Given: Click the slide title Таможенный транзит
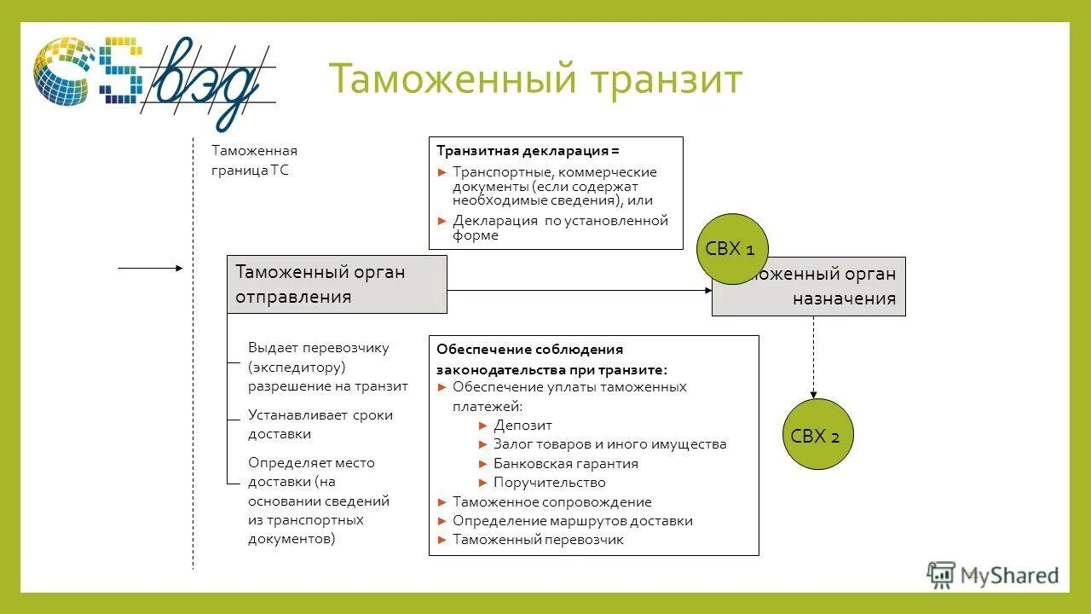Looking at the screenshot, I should tap(535, 79).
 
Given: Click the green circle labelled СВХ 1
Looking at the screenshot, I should tap(732, 249).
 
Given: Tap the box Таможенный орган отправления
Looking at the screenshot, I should tap(337, 284).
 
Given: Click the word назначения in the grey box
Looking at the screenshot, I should tap(844, 298).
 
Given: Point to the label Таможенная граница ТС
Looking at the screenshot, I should tap(254, 159).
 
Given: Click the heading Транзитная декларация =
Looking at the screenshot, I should tap(528, 150).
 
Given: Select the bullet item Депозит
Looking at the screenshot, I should tap(522, 425).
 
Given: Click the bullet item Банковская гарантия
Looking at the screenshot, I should tap(565, 463).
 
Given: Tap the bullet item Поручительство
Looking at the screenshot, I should tap(549, 482).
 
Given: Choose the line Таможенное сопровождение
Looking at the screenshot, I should tap(551, 501).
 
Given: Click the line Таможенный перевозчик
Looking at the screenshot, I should tap(538, 539).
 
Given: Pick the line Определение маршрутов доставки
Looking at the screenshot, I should tap(572, 520).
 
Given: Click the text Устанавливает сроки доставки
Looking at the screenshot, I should tap(320, 424).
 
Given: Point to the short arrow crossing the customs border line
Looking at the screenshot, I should tap(150, 268).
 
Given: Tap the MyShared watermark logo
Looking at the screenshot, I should tap(993, 576).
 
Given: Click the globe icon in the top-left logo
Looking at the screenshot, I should tap(64, 71).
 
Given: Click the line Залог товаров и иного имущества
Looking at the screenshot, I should tap(609, 443).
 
